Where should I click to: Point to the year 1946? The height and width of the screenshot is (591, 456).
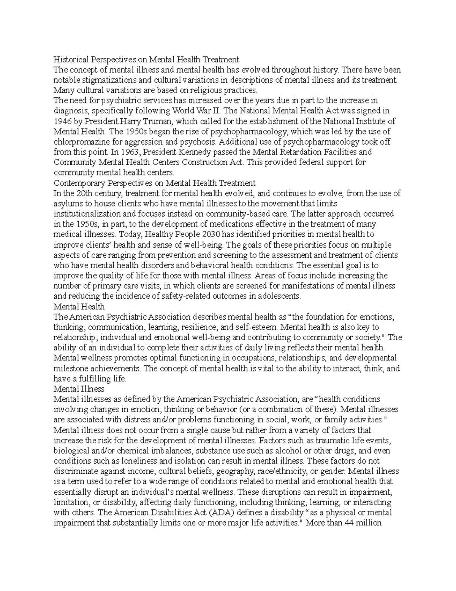(x=62, y=121)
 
